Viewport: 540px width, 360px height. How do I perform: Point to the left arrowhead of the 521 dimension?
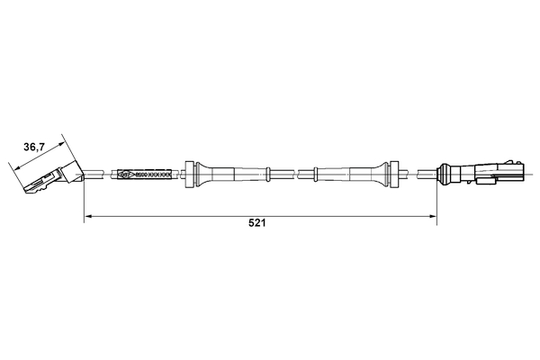[x=88, y=216]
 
